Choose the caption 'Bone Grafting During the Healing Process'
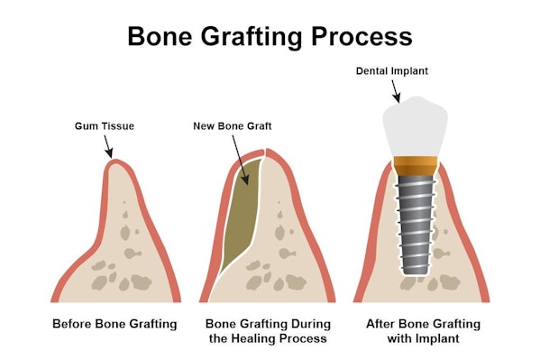pos(268,330)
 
